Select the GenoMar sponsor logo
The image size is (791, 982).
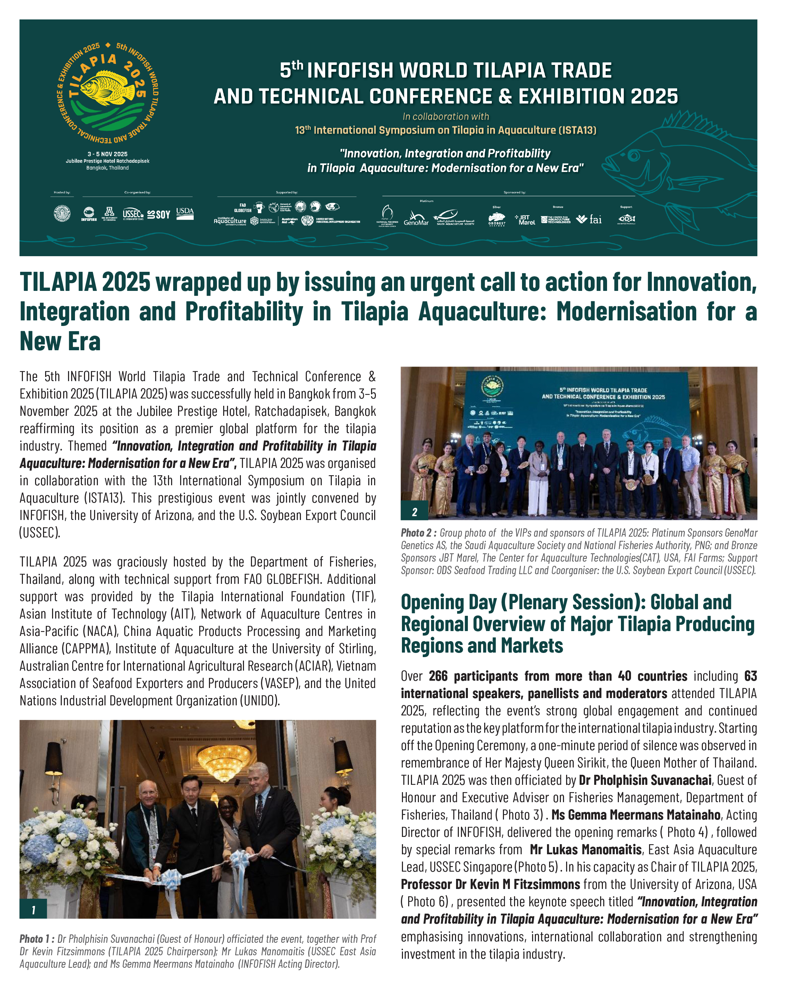click(x=415, y=218)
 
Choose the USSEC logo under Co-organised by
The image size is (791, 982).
click(x=133, y=214)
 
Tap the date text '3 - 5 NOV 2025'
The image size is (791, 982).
click(x=108, y=154)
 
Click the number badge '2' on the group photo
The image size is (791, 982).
click(x=414, y=512)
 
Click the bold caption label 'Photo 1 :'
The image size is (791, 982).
click(x=36, y=939)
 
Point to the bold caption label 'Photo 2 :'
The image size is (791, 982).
click(x=418, y=533)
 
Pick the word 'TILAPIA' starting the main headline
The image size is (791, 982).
click(x=58, y=282)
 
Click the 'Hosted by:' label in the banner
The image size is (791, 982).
click(x=62, y=192)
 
